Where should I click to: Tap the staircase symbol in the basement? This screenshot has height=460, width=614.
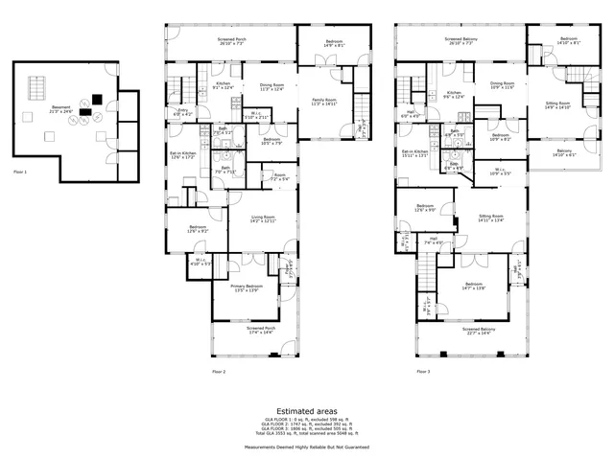tap(35, 88)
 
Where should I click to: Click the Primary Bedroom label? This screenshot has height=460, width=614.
tap(247, 288)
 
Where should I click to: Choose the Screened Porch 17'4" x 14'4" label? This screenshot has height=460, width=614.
tap(245, 331)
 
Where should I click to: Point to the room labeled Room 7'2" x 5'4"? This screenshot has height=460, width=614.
tap(280, 177)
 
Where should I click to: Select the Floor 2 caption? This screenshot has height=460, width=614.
tap(218, 371)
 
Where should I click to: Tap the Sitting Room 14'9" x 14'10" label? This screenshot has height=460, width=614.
tap(557, 105)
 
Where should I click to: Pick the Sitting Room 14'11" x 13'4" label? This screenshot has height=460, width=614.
tap(491, 219)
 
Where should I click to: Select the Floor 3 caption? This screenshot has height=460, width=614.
tap(422, 371)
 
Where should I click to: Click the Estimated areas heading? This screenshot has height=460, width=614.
tap(307, 410)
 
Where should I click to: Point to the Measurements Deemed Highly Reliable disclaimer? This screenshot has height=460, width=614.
tap(307, 447)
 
